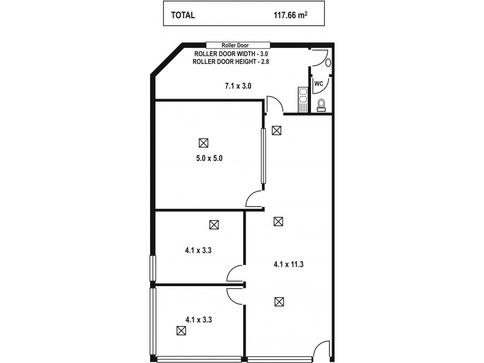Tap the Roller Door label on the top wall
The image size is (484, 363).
238,45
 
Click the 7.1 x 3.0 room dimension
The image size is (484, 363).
238,87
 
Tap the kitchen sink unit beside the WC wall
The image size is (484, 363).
302,100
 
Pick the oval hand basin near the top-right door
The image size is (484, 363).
327,61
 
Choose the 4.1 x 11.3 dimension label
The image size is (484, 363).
289,264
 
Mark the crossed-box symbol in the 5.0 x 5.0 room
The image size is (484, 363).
203,143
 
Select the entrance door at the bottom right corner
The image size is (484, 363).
324,350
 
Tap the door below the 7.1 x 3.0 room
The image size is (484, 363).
273,104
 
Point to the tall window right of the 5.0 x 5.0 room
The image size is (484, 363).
263,156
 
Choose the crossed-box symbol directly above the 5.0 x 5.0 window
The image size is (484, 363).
276,129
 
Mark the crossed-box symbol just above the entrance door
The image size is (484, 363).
278,301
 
